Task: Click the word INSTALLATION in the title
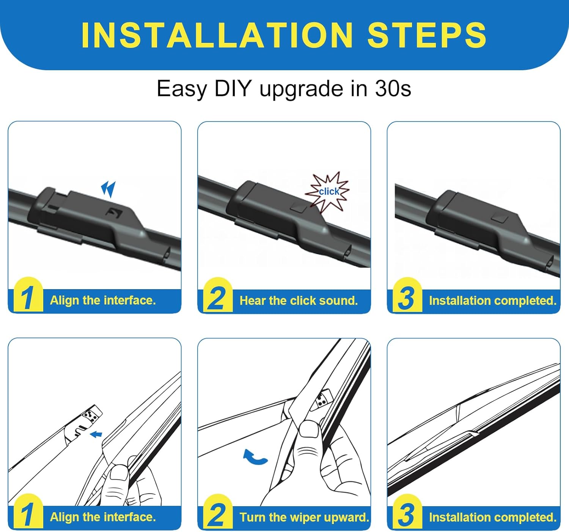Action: pyautogui.click(x=217, y=35)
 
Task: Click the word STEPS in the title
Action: pyautogui.click(x=427, y=35)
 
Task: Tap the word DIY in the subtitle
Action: pyautogui.click(x=233, y=88)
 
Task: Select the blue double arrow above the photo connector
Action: pyautogui.click(x=108, y=189)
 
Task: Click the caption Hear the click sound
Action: pyautogui.click(x=299, y=301)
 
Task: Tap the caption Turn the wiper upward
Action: pyautogui.click(x=304, y=517)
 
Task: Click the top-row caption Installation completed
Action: pyautogui.click(x=493, y=301)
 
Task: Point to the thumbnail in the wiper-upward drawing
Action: pyautogui.click(x=310, y=430)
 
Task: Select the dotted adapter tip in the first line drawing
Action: pyautogui.click(x=92, y=414)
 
